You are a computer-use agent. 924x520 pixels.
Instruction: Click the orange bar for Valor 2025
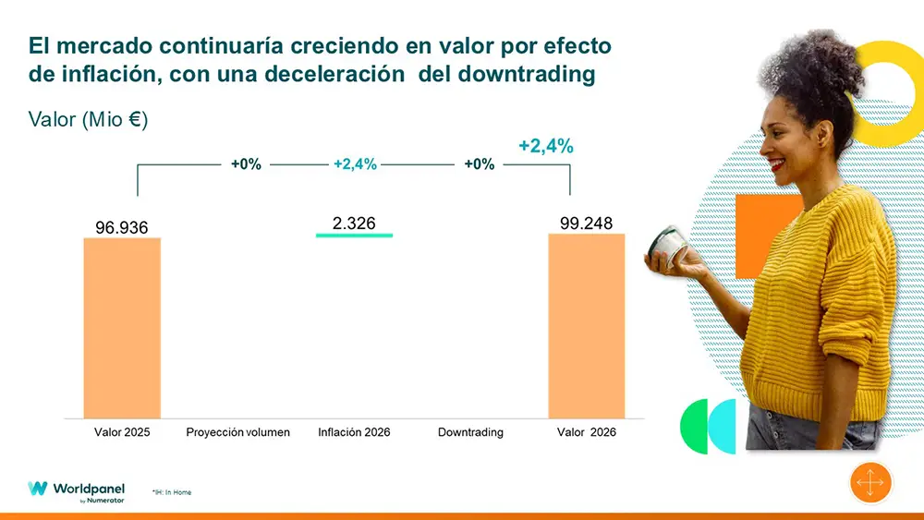122,328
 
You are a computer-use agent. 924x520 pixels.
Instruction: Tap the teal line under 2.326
354,236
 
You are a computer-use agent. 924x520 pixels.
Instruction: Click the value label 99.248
586,224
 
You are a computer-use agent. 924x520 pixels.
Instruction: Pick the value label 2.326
354,224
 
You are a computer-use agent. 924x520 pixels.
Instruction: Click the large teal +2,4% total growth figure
546,146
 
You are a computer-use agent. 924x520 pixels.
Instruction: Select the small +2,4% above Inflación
355,164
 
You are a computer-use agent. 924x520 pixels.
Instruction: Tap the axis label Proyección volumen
237,432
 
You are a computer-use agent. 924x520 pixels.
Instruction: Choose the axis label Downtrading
470,432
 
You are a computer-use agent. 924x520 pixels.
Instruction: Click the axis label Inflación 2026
354,432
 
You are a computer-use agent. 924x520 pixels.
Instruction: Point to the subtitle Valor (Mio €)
89,120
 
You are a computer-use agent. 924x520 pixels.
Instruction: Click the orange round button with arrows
871,483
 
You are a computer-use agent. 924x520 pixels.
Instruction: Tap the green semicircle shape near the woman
693,426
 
